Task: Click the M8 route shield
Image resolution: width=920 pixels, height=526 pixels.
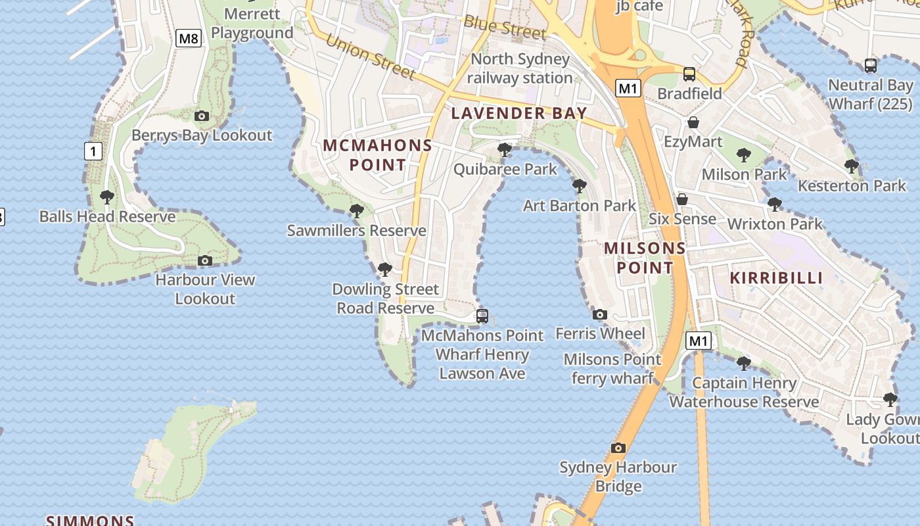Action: [189, 38]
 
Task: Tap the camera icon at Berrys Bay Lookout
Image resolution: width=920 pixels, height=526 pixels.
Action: [202, 116]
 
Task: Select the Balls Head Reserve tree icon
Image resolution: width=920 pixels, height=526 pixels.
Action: [107, 197]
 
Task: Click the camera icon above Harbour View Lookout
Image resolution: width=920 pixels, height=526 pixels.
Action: [205, 261]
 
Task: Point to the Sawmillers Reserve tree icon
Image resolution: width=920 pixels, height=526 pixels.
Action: [357, 211]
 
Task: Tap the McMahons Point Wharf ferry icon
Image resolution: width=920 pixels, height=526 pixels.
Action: [482, 316]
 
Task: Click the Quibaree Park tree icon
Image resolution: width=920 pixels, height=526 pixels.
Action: [505, 150]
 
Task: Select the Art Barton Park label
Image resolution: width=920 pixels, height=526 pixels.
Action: [580, 206]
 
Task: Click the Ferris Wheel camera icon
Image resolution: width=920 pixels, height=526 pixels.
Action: [600, 315]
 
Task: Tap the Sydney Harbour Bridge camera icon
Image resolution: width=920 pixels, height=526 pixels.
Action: [618, 448]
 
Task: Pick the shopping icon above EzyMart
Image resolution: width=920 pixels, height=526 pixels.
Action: [693, 122]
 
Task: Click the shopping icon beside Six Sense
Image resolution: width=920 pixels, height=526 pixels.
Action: [682, 199]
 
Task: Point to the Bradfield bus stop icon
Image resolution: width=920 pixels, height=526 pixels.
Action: [689, 74]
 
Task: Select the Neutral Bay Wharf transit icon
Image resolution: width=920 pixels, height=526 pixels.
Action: [871, 66]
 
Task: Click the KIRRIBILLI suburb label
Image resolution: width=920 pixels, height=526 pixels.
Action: [777, 277]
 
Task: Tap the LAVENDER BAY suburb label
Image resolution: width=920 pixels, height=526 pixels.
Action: [519, 113]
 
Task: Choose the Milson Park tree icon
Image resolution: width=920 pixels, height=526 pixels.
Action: [744, 155]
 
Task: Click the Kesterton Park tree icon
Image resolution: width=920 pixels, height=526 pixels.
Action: [852, 166]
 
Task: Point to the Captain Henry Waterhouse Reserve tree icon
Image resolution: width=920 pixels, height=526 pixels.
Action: [744, 363]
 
